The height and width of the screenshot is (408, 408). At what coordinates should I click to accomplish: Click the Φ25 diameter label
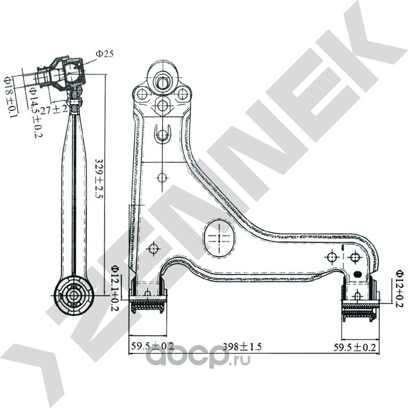(105, 54)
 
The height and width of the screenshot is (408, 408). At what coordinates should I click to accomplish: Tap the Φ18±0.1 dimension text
(10, 97)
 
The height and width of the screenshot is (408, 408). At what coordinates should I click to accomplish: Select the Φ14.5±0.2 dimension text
(36, 112)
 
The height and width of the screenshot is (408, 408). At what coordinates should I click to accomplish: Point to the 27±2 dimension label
(54, 109)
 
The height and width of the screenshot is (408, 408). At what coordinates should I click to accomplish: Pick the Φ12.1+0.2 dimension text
(115, 288)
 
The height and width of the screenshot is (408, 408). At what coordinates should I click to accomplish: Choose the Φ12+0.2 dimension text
(399, 289)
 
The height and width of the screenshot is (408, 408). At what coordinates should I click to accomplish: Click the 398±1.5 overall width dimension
(242, 347)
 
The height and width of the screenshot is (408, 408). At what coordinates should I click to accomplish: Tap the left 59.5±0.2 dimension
(152, 346)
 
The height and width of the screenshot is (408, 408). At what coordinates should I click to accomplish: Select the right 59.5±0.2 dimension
(355, 347)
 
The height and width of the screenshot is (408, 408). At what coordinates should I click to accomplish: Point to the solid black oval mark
(358, 274)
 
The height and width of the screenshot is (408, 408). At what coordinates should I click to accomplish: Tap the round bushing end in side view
(74, 296)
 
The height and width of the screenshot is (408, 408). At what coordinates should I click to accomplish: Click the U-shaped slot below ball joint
(162, 134)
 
